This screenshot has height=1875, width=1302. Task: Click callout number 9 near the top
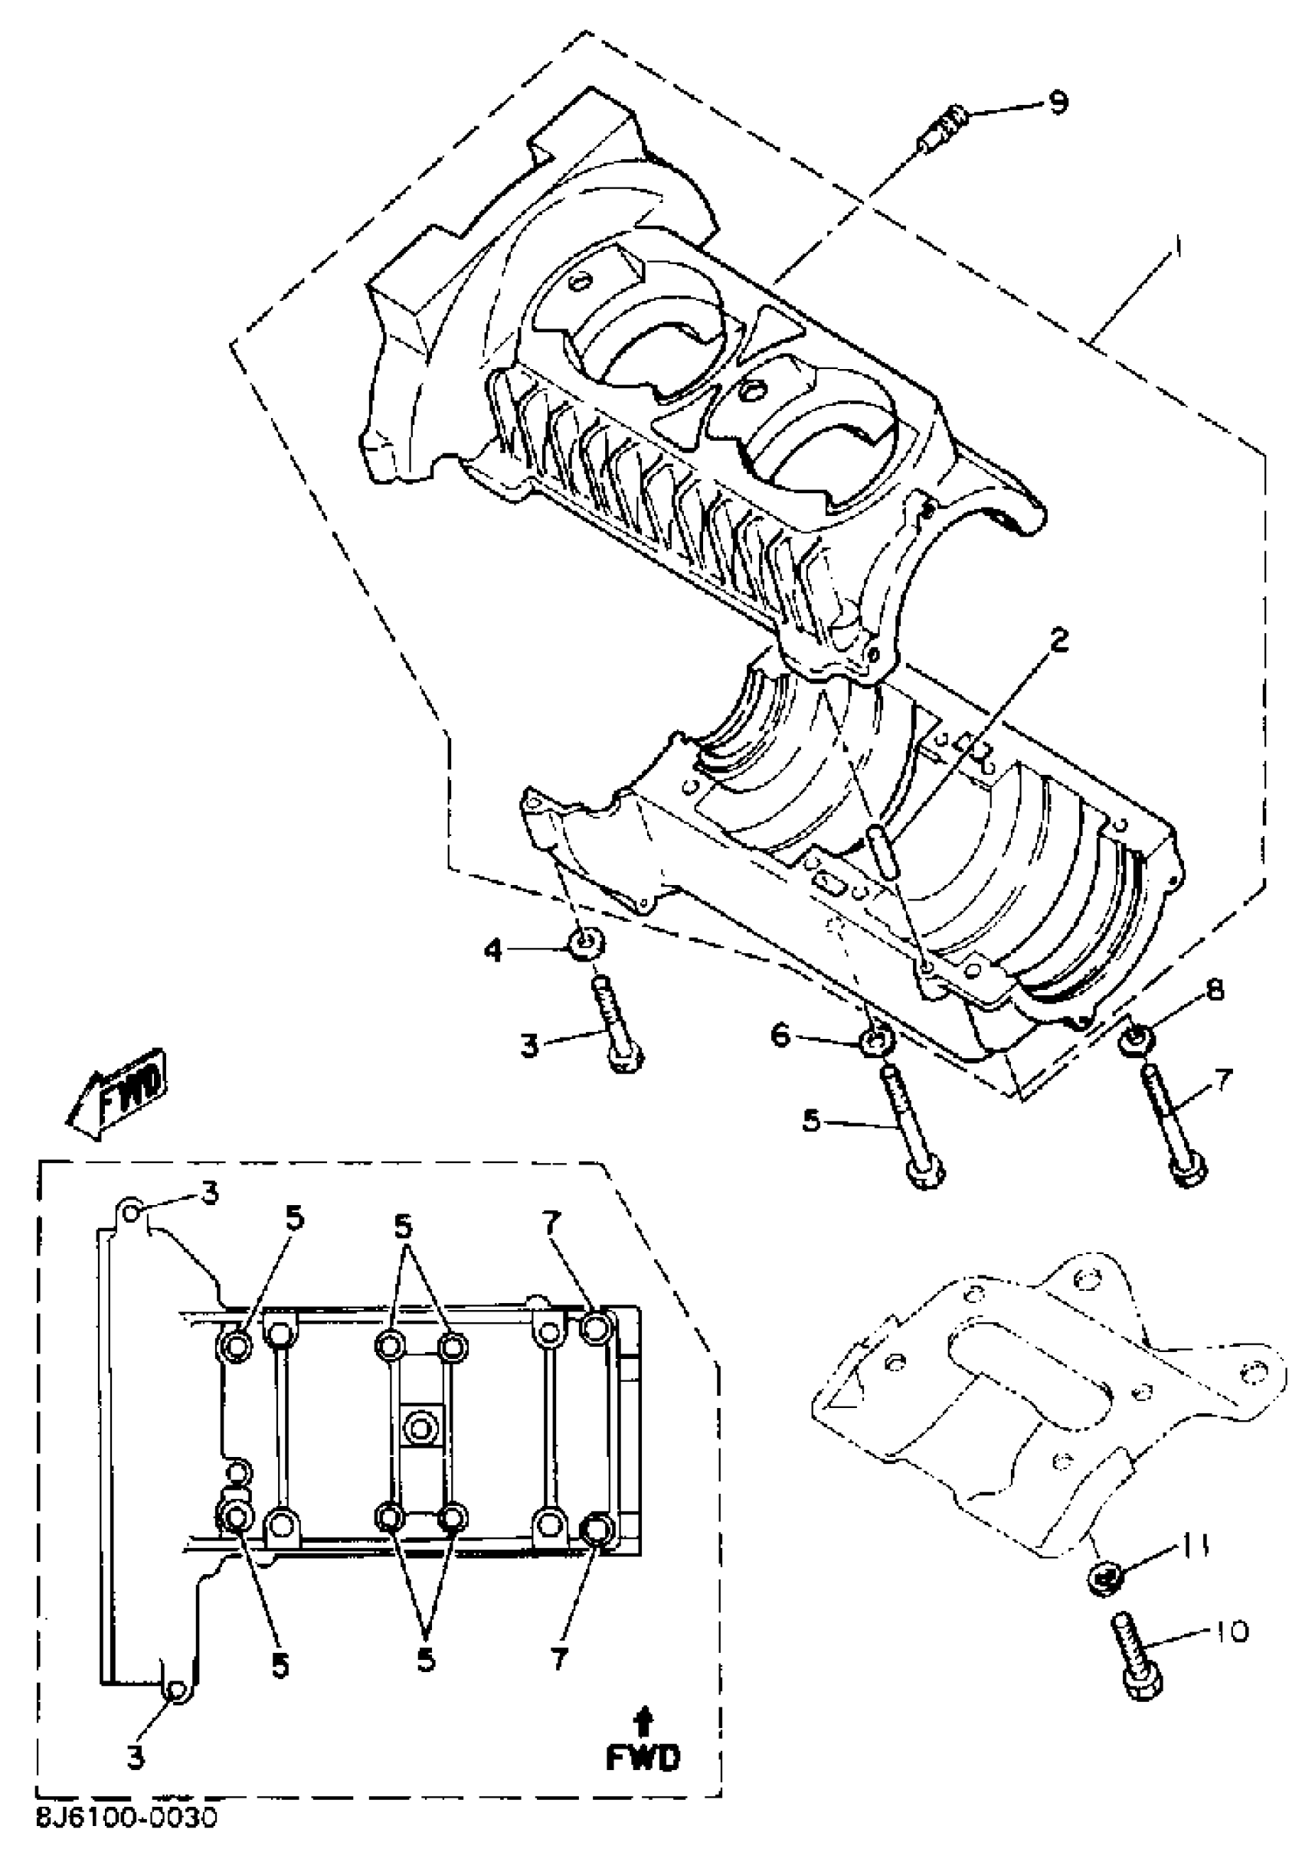tap(1058, 103)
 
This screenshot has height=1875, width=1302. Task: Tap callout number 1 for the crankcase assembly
tap(1176, 247)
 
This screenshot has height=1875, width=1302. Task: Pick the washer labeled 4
tap(587, 945)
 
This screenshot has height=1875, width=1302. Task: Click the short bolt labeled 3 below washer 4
tap(620, 1027)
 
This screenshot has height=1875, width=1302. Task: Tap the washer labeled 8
tap(1137, 1040)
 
